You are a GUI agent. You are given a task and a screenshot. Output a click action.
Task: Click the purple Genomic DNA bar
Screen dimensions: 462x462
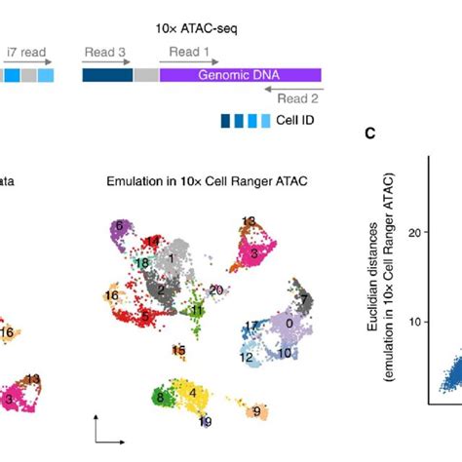[240, 74]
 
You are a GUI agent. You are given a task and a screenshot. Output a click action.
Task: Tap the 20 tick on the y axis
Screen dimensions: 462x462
[416, 232]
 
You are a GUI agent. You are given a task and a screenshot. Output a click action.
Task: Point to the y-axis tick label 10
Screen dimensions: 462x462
[416, 322]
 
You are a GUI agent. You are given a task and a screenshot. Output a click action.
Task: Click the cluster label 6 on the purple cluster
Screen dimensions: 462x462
[118, 225]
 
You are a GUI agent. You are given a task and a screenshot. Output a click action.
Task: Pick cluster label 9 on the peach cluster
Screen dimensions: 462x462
[256, 412]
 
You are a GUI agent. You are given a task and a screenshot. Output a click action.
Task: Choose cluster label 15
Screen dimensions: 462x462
[178, 350]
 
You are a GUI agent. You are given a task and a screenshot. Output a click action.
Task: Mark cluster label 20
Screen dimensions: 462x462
[216, 289]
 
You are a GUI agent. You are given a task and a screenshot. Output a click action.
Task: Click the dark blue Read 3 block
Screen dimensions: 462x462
[107, 74]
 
